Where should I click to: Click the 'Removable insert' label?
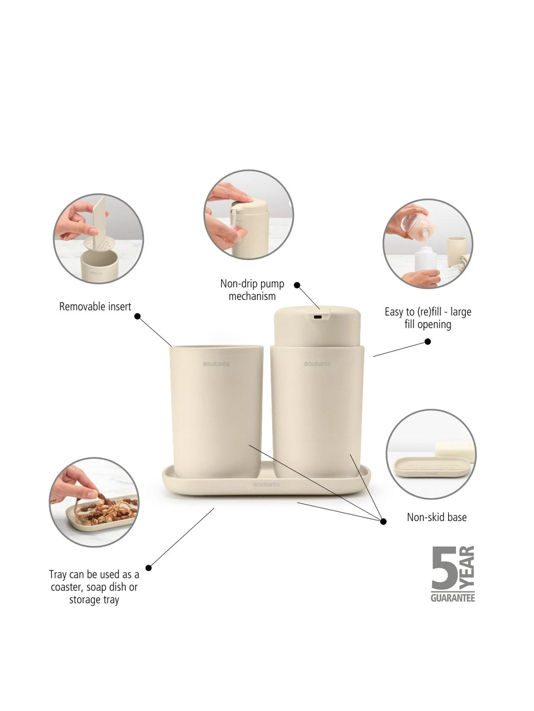95,307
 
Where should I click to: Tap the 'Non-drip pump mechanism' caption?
252,290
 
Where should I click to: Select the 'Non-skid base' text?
437,517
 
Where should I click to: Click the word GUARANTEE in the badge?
453,598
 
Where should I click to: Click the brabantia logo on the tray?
267,484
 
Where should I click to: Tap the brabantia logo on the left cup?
216,364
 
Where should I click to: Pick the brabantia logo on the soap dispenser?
317,363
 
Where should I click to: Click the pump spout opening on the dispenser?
317,316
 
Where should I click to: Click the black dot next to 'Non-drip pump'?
297,285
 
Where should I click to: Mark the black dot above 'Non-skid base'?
383,521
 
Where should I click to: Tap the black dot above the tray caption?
148,568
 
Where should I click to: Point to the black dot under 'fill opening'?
428,342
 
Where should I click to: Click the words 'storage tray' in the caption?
94,600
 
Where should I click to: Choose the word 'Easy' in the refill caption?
394,312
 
